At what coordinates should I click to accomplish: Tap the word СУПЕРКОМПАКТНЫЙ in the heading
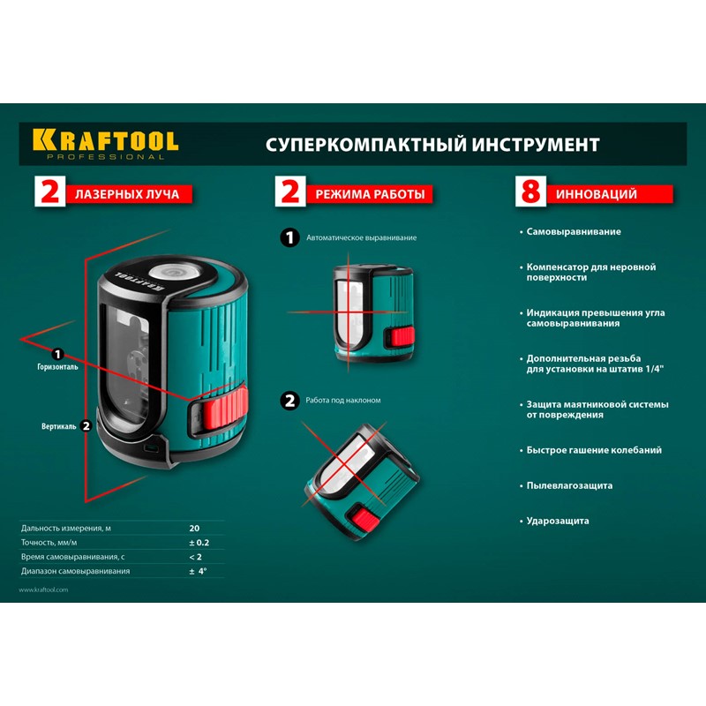365,145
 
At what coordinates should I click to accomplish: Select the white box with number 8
530,192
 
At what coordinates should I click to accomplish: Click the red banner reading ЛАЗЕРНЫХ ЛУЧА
129,194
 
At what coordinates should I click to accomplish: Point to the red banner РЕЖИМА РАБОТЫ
369,194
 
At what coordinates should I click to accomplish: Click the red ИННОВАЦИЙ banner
610,194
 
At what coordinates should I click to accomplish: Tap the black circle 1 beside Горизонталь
57,355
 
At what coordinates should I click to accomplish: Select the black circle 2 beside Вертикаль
86,425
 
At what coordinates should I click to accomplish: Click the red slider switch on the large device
224,409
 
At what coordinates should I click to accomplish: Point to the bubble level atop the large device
170,273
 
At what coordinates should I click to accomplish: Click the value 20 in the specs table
194,528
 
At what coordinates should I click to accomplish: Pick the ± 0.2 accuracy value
199,543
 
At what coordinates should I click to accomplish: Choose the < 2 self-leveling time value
195,557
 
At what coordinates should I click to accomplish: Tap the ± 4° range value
198,571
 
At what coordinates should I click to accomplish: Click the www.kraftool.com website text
43,590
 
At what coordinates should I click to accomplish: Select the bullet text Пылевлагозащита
569,485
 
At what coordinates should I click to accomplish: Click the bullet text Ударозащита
558,521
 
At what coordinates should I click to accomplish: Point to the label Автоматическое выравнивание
362,237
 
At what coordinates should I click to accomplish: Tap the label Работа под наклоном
343,401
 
